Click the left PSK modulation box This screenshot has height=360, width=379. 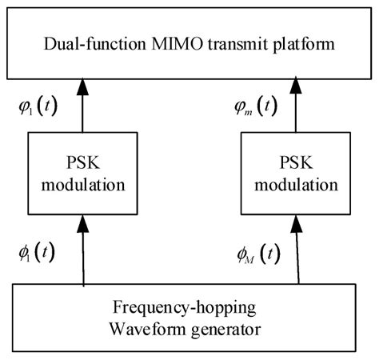pyautogui.click(x=82, y=172)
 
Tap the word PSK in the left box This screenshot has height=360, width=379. pyautogui.click(x=82, y=162)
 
